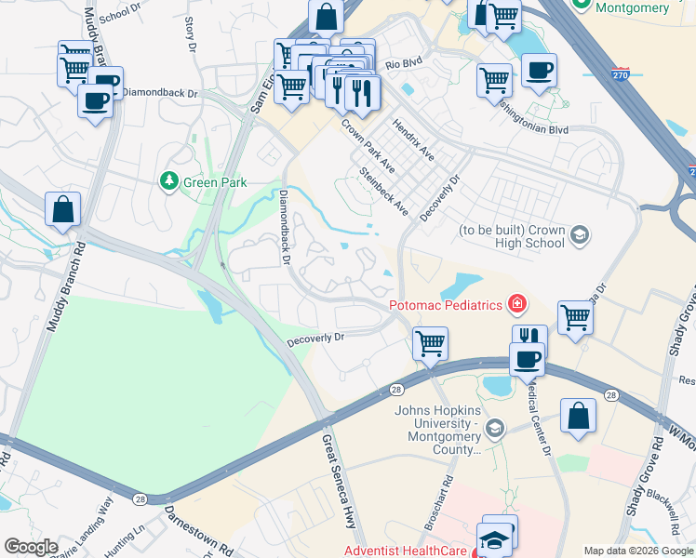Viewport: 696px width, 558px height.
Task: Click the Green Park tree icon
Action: tap(169, 180)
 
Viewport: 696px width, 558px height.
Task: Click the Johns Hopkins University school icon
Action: tap(494, 428)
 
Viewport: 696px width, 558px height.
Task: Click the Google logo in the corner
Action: tap(31, 547)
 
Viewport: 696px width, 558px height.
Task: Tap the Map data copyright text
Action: tap(637, 551)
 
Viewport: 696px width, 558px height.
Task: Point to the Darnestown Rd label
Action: tap(199, 529)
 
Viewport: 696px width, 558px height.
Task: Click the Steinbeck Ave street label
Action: tap(384, 191)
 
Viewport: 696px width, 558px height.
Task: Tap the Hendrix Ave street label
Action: tap(413, 138)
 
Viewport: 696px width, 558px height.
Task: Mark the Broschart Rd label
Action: tap(437, 502)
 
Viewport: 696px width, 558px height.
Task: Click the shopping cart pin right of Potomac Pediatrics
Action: tap(575, 317)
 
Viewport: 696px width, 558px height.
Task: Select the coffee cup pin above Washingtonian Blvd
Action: tap(539, 70)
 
